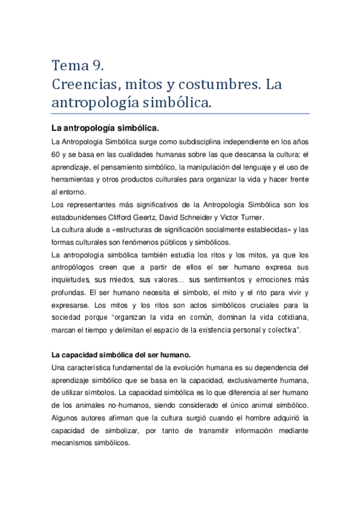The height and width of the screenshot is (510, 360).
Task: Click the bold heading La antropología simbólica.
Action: [x=105, y=128]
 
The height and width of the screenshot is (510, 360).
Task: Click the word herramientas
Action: [x=76, y=179]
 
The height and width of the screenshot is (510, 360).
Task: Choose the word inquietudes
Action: [x=72, y=280]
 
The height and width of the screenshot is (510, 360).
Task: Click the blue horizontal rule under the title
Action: [x=180, y=114]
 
